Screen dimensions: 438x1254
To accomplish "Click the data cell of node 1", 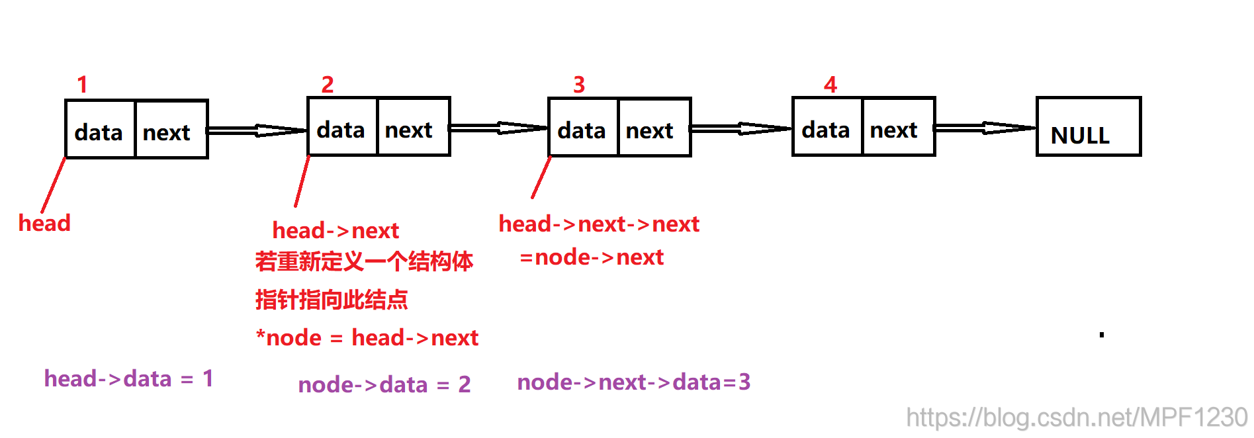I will (x=100, y=130).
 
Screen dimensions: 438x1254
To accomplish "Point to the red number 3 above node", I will (x=579, y=85).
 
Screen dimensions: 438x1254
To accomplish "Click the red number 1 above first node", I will (x=82, y=85).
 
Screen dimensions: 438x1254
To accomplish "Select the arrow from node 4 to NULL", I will (x=985, y=128).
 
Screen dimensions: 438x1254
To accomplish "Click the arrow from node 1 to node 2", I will (x=257, y=130).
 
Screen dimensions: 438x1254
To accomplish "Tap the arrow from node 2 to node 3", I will (x=498, y=128).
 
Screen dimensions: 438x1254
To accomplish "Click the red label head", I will (x=44, y=223).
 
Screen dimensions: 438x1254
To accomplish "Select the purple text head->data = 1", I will (x=128, y=378).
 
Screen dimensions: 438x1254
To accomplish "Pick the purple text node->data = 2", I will (x=384, y=384).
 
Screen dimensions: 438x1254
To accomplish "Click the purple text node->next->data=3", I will (x=633, y=382).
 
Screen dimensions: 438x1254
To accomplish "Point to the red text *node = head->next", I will (x=367, y=337).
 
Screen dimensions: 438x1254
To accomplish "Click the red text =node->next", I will (x=591, y=257).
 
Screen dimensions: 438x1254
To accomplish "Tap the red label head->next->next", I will (x=598, y=224).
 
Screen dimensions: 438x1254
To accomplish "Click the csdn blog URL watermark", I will (x=1076, y=417).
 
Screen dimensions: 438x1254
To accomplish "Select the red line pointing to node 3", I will (x=541, y=177).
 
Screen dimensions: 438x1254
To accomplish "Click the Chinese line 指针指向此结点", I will (x=331, y=300).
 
